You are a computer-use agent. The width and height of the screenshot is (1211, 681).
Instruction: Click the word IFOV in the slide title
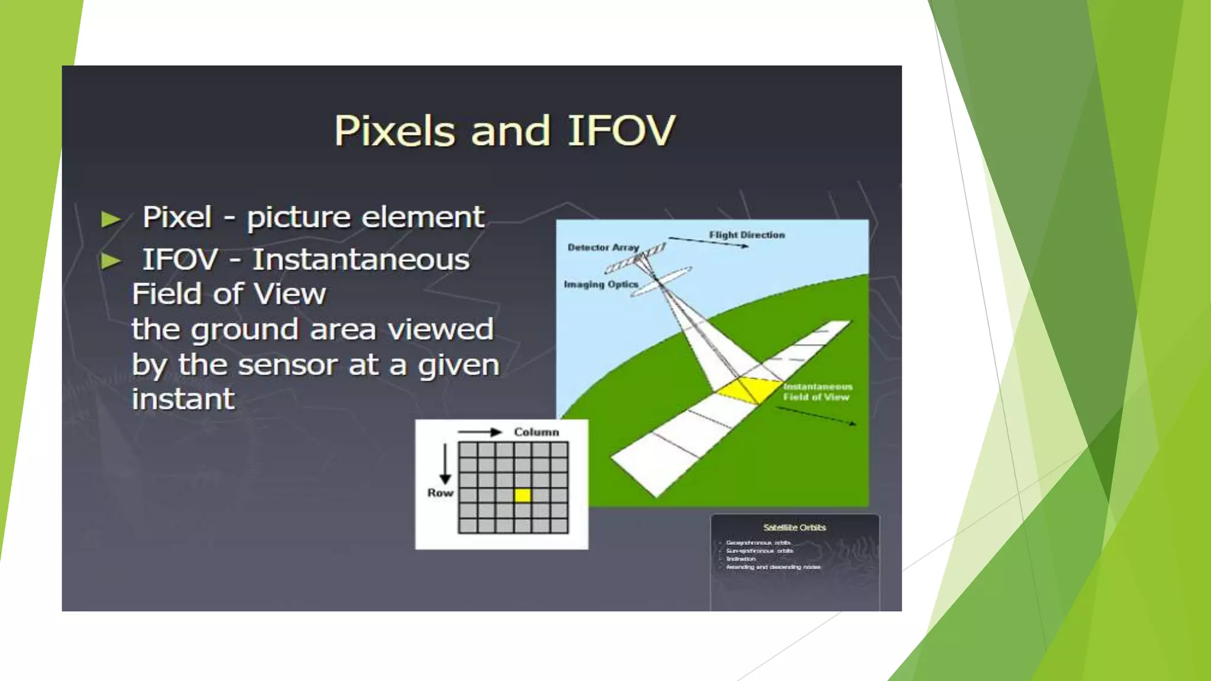[x=621, y=131]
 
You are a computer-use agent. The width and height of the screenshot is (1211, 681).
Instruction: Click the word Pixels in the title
[x=394, y=131]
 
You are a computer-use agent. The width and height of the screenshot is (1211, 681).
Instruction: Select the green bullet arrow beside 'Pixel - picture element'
[x=111, y=219]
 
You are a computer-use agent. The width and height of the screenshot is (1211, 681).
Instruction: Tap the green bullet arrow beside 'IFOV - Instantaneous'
[x=111, y=261]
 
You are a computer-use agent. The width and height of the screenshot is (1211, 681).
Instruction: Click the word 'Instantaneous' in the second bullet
[x=361, y=260]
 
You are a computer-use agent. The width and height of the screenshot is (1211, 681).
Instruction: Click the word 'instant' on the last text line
[x=183, y=399]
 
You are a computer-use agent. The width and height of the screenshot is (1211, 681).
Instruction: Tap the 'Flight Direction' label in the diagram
[x=747, y=235]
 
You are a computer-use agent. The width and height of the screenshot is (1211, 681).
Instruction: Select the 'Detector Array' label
[x=603, y=247]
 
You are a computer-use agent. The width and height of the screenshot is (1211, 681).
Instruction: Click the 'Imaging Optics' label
[x=601, y=284]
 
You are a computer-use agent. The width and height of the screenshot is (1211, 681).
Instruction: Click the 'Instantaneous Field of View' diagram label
[x=817, y=391]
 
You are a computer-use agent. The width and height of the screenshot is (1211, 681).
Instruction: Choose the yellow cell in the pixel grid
[x=522, y=495]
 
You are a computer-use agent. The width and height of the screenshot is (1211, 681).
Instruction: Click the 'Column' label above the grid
[x=536, y=432]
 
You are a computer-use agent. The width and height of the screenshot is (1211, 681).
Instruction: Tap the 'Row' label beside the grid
[x=440, y=493]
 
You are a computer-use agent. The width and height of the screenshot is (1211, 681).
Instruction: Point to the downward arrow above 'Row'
[x=445, y=464]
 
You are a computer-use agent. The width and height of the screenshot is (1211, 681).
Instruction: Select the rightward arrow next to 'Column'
[x=480, y=432]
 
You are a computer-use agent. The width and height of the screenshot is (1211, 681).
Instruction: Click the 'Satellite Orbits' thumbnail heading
[x=794, y=527]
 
